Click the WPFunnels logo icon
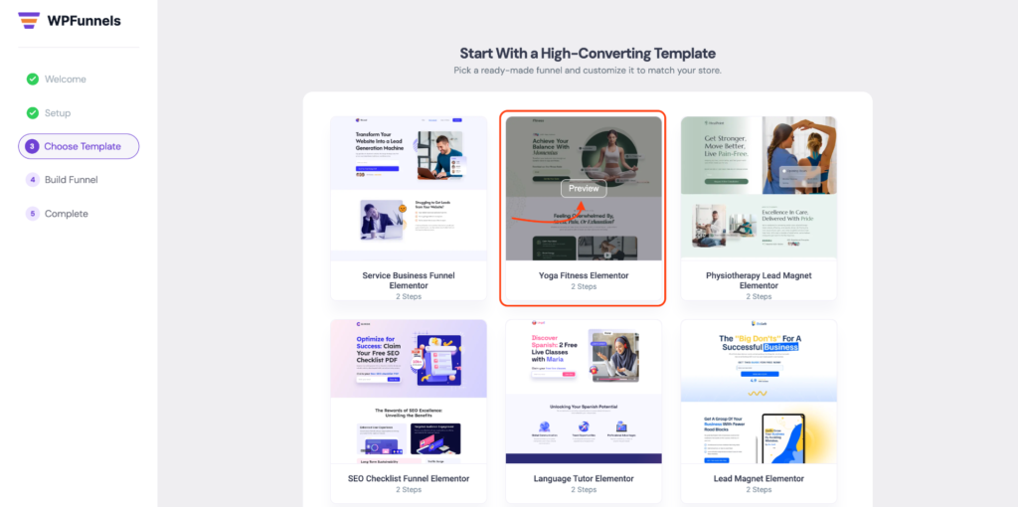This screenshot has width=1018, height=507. (x=29, y=20)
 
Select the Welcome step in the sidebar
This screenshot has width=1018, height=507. (x=65, y=80)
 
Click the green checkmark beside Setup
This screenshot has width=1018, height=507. (x=33, y=113)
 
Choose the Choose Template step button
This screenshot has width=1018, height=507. (x=79, y=146)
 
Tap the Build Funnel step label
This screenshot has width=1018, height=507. (x=71, y=180)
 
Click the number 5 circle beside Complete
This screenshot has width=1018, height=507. (x=33, y=214)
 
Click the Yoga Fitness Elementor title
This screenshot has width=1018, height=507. (x=584, y=275)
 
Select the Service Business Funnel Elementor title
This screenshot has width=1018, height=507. (x=409, y=280)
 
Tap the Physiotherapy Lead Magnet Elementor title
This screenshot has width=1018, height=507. (x=759, y=280)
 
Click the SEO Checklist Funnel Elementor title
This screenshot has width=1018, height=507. (x=409, y=478)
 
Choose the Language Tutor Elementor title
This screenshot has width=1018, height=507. (x=584, y=478)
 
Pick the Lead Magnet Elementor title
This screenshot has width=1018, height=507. (x=759, y=478)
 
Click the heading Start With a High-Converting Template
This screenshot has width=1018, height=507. (x=588, y=53)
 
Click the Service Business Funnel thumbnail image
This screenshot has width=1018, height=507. (x=409, y=189)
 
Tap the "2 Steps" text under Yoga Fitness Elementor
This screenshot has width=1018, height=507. (x=584, y=287)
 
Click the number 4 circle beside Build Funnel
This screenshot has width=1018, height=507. (x=33, y=180)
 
